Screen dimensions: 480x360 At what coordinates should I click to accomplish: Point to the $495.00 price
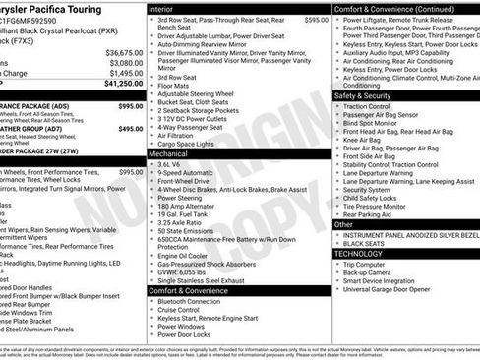(x=130, y=128)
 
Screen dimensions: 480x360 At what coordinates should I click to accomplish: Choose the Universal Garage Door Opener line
(x=395, y=288)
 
